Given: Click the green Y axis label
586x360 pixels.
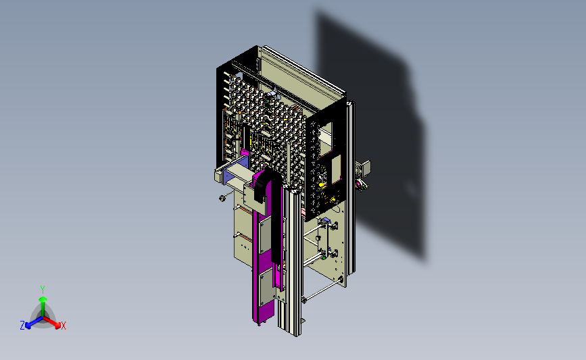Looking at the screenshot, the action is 43,290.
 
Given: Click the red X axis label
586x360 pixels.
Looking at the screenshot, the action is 63,326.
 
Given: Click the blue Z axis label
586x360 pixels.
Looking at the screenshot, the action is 22,326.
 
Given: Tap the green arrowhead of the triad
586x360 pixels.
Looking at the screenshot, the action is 43,300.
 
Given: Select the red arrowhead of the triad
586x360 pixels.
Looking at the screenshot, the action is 57,325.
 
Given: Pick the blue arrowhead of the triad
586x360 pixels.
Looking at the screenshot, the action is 28,326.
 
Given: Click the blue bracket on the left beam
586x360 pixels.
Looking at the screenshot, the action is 235,171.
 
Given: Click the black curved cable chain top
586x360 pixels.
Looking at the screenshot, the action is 266,183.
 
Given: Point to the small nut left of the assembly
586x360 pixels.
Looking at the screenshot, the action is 222,198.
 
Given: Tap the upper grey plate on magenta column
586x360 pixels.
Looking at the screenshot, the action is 266,235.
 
